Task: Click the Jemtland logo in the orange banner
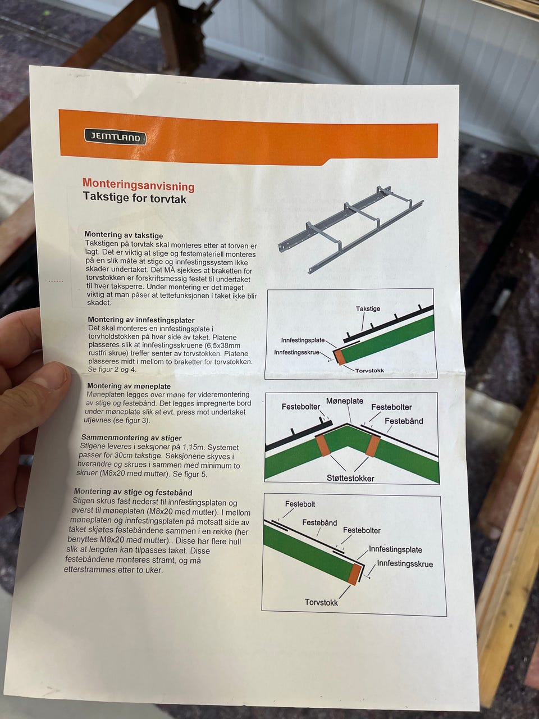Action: tap(115, 137)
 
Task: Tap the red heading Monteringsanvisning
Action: tap(139, 185)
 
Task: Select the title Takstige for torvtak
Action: tap(135, 198)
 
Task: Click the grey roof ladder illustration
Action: tap(350, 229)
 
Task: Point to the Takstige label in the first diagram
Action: tap(368, 308)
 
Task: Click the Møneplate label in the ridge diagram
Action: tap(345, 401)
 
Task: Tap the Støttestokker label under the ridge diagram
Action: tap(350, 478)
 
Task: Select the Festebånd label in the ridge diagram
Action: tap(404, 421)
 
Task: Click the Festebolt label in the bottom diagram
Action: tap(300, 504)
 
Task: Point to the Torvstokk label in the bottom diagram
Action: tap(321, 602)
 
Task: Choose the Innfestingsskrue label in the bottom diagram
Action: tap(405, 564)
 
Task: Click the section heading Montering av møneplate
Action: tap(129, 386)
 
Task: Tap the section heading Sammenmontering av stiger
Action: tap(131, 438)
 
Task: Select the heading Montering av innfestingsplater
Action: tap(141, 320)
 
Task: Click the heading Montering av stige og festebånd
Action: tap(133, 492)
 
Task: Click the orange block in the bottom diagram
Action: tap(355, 575)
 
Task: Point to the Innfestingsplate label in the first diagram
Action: tap(303, 340)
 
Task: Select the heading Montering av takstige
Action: tap(124, 235)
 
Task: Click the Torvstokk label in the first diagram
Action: tap(369, 371)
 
